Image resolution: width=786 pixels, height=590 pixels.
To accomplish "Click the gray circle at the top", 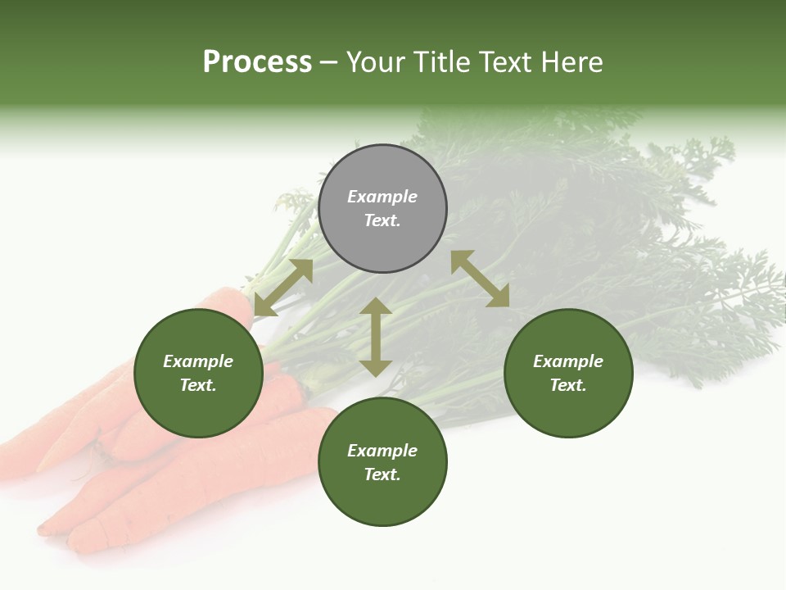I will point(382,209).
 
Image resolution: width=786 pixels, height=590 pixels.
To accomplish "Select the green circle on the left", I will point(198,373).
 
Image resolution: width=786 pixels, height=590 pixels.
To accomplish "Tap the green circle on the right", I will point(568,373).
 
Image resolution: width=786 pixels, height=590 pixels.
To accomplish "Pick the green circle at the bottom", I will point(382,462).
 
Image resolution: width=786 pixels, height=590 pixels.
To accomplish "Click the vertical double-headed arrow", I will point(376,337).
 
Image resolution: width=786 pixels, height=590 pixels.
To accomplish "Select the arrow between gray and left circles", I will point(283,288).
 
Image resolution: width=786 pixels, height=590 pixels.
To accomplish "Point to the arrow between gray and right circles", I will point(480,279).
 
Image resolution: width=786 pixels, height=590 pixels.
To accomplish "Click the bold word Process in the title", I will point(257,62).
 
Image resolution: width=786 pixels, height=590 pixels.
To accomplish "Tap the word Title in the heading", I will point(443,62).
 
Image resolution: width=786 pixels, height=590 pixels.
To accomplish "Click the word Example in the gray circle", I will point(382,197).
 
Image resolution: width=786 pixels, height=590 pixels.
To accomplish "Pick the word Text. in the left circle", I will point(198,385).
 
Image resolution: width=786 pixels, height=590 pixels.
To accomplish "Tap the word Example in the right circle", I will point(568,361).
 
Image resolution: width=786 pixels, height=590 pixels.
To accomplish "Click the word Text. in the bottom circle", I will point(382,474).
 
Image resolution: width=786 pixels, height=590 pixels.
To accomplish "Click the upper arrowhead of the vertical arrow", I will point(376,306).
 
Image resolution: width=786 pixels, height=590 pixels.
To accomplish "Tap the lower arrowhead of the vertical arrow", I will point(376,368).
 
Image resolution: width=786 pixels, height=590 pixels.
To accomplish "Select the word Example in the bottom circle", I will point(382,451).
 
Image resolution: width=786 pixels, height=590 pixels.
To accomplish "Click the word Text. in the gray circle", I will point(382,220).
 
